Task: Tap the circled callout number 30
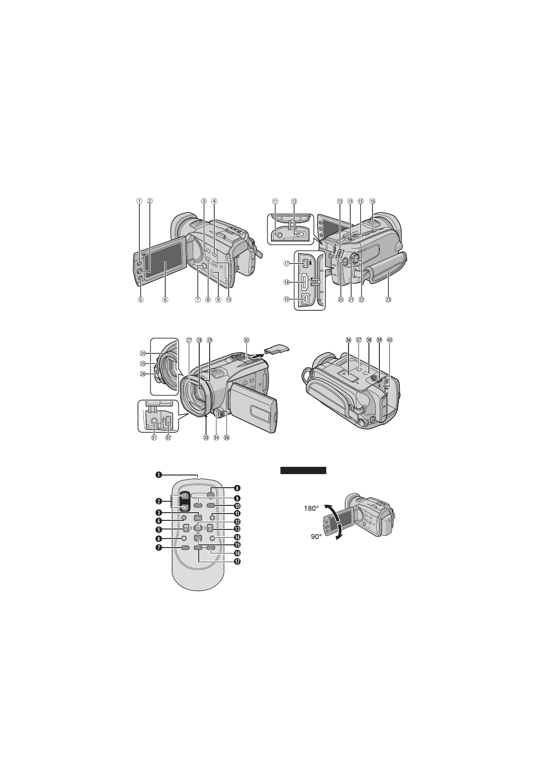click(x=246, y=340)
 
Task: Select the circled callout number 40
click(x=389, y=340)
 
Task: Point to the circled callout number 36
click(x=349, y=340)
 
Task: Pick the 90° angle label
click(x=316, y=537)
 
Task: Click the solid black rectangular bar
click(x=303, y=470)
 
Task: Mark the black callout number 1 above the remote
click(x=159, y=475)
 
